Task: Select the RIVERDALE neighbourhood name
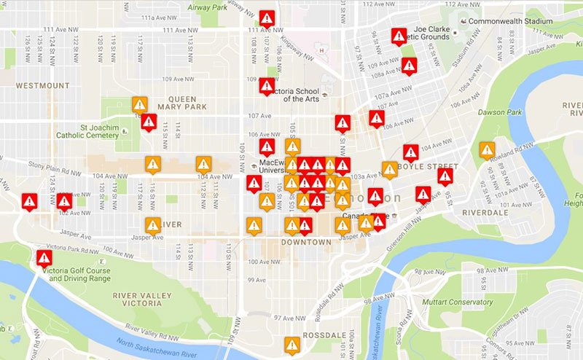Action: tap(485, 213)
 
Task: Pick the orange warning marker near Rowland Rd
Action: tap(487, 150)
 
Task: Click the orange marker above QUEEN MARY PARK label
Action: tap(140, 104)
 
